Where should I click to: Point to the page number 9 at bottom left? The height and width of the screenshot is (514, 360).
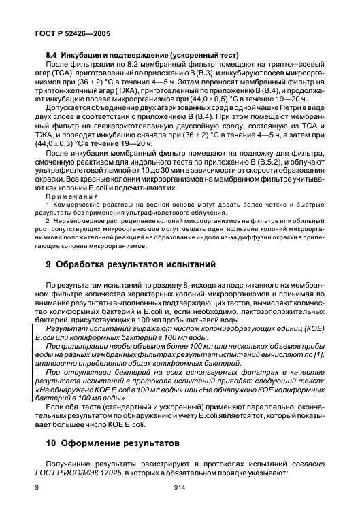pos(37,488)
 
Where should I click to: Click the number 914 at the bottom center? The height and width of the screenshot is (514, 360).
pos(180,488)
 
